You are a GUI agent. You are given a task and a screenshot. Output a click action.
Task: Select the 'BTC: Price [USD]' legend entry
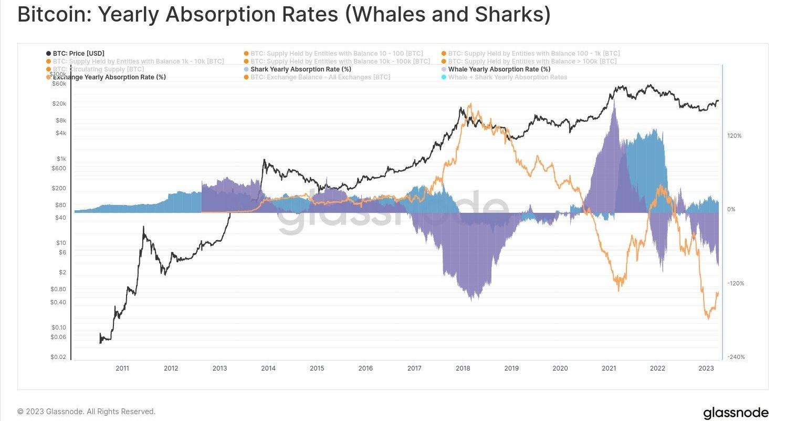pyautogui.click(x=78, y=54)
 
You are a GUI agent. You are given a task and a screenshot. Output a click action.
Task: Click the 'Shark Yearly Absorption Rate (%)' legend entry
pyautogui.click(x=301, y=69)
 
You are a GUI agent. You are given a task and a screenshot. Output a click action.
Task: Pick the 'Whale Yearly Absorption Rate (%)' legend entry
pyautogui.click(x=499, y=69)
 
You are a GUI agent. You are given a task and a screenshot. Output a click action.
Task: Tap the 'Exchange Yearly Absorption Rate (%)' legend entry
pyautogui.click(x=109, y=77)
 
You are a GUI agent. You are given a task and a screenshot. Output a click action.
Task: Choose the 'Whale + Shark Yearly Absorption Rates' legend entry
pyautogui.click(x=507, y=77)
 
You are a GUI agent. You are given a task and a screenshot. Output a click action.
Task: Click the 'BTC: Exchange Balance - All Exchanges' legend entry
pyautogui.click(x=320, y=77)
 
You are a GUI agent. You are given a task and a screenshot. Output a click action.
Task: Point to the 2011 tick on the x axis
pyautogui.click(x=122, y=368)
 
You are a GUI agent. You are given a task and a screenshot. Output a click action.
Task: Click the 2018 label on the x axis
pyautogui.click(x=463, y=368)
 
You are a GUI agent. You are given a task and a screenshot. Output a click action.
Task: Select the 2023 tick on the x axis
pyautogui.click(x=706, y=368)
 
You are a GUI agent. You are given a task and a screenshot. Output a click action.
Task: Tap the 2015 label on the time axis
pyautogui.click(x=317, y=368)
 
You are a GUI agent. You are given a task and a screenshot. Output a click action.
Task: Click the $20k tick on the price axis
pyautogui.click(x=59, y=104)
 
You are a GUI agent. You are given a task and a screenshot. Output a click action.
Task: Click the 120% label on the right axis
pyautogui.click(x=734, y=136)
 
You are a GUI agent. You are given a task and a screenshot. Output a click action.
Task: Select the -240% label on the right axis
pyautogui.click(x=736, y=357)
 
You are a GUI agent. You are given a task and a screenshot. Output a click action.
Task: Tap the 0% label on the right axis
pyautogui.click(x=731, y=210)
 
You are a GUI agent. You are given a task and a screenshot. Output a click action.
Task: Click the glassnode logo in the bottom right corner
pyautogui.click(x=735, y=413)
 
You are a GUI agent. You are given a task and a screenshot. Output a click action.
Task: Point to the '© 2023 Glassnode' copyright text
pyautogui.click(x=86, y=412)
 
